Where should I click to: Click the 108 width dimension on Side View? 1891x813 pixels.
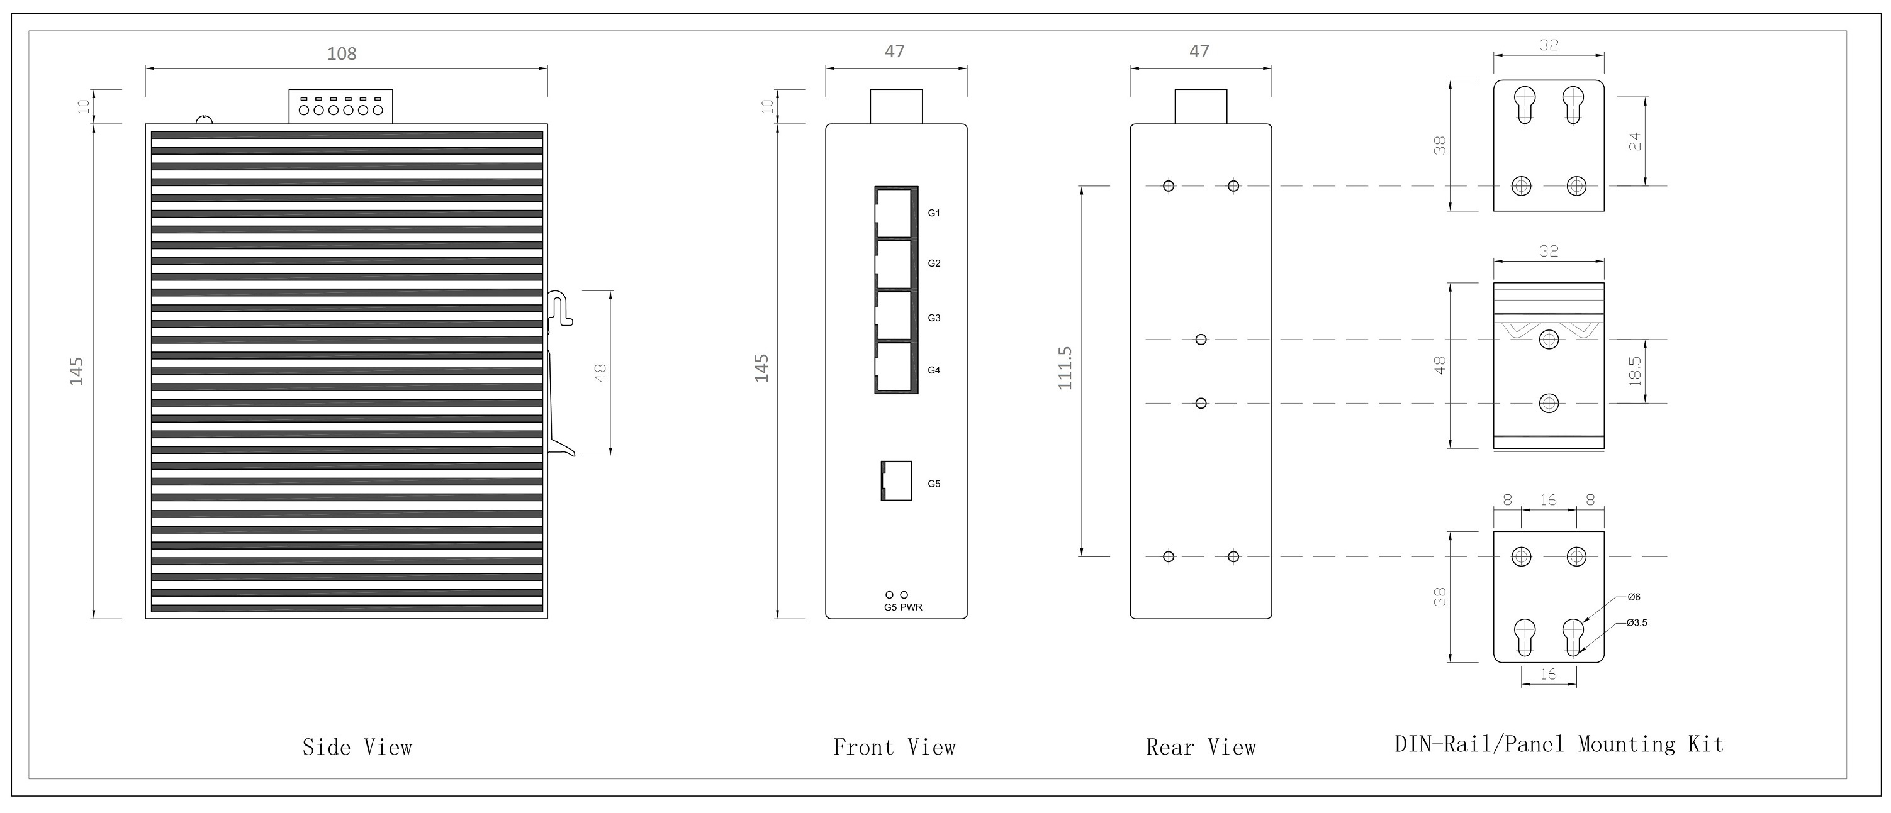[341, 53]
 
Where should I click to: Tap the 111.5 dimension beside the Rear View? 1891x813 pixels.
[1065, 368]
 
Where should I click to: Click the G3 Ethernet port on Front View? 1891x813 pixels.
[895, 316]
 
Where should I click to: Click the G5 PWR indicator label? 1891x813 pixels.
[903, 607]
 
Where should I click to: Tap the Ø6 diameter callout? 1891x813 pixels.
[1634, 597]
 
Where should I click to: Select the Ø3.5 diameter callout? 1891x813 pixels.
[1636, 623]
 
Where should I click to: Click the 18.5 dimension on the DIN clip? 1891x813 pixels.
[1635, 371]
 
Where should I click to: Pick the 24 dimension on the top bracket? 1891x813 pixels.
[1635, 141]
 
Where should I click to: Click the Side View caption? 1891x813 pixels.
[357, 748]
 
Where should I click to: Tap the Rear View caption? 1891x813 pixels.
[1201, 748]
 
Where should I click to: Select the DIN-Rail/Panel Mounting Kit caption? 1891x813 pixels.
[1559, 744]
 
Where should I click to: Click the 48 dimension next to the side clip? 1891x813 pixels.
[600, 373]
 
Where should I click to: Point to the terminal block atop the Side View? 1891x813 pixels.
[340, 106]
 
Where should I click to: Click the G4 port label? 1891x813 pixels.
[934, 370]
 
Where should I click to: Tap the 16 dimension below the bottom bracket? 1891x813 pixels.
[1548, 674]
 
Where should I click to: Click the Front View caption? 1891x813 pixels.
[894, 748]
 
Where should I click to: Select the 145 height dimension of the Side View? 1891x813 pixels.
[76, 371]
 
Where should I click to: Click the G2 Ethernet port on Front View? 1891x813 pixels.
[895, 265]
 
